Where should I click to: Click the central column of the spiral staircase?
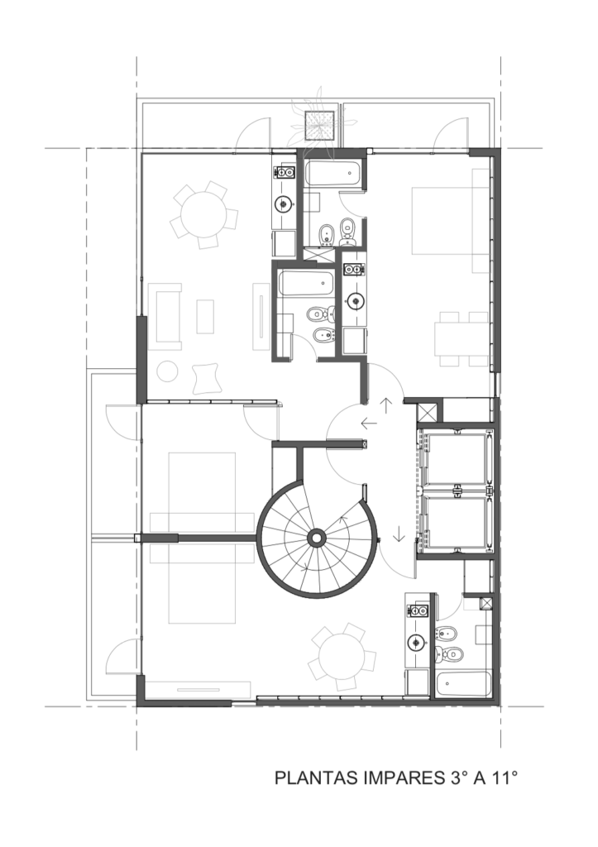(315, 538)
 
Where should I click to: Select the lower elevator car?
(457, 519)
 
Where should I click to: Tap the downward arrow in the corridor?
(399, 534)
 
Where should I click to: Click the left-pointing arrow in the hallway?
(369, 423)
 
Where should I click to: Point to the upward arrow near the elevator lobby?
(387, 405)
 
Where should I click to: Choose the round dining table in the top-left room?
(203, 215)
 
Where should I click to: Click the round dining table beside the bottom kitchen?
(342, 656)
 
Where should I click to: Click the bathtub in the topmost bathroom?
(334, 174)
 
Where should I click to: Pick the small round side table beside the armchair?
(168, 371)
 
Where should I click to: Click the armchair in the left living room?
(206, 378)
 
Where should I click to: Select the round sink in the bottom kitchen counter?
(416, 642)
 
